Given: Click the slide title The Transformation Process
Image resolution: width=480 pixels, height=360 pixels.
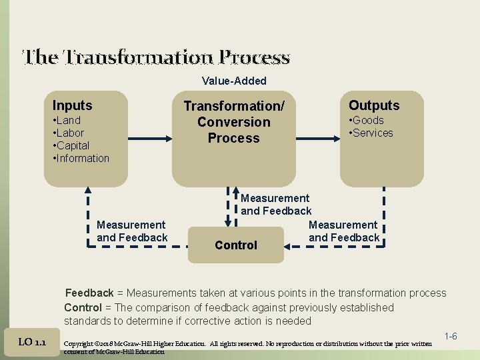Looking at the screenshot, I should [x=156, y=57].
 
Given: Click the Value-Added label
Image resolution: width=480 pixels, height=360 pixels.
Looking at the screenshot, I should [x=234, y=81].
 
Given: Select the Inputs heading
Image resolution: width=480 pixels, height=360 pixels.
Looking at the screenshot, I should [x=72, y=105].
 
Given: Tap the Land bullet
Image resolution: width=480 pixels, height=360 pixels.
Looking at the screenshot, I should [x=67, y=120].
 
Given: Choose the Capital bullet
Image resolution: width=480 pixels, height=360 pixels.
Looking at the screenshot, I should [x=71, y=145].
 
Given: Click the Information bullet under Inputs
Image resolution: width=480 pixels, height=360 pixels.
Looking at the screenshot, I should [x=81, y=158].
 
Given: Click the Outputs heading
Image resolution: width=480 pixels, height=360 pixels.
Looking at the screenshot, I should [x=374, y=105].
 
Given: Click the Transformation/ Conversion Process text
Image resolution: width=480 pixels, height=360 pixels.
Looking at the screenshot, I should [x=234, y=122].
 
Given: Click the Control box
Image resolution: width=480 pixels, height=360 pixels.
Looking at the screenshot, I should [x=236, y=245].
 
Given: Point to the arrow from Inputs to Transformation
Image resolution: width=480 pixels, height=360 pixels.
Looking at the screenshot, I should [x=141, y=139].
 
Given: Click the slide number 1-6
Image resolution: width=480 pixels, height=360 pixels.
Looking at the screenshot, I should [x=450, y=337].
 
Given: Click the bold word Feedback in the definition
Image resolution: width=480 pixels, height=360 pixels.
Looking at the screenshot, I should [x=89, y=293].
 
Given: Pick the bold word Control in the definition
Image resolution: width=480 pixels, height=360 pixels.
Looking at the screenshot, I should [x=83, y=307].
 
